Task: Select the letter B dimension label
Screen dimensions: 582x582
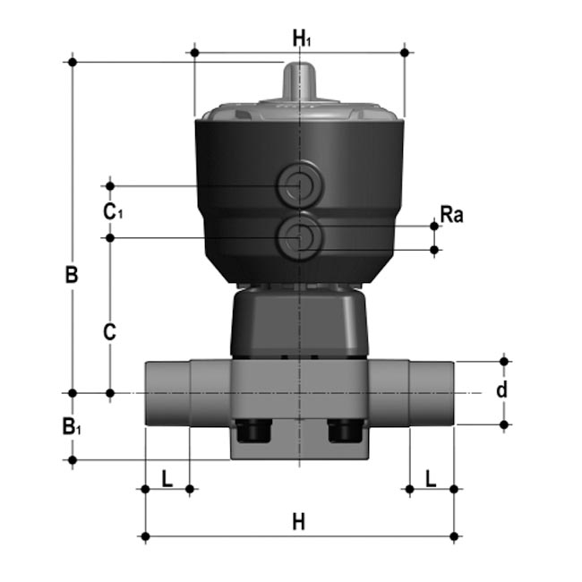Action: coord(72,274)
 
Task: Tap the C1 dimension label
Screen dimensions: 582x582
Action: coord(111,212)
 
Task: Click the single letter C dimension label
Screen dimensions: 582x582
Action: coord(109,332)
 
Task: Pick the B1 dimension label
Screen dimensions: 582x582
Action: coord(73,427)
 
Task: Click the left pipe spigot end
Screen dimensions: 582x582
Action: coord(167,392)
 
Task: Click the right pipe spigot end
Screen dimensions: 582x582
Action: coord(432,392)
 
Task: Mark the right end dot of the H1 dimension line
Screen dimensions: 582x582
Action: coord(405,53)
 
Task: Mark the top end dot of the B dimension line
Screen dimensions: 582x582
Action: coord(73,62)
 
